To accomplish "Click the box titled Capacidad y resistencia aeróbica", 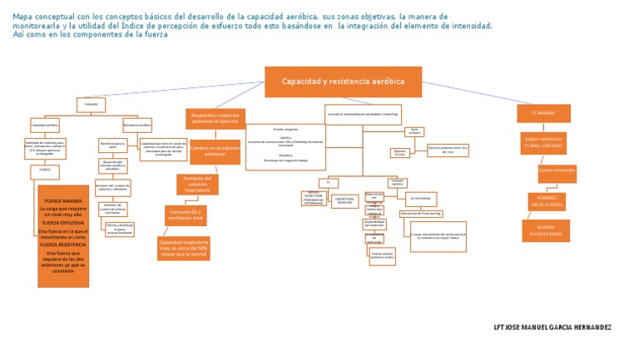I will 343,81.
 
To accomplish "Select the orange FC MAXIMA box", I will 543,112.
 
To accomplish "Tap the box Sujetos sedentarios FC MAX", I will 543,141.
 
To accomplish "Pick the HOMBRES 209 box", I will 546,201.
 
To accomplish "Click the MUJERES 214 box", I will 546,230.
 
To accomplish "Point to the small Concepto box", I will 91,104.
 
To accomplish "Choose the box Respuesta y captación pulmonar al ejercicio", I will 215,118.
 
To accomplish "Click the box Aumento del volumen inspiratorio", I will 197,184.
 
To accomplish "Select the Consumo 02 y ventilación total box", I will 186,215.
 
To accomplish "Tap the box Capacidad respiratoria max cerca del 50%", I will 183,247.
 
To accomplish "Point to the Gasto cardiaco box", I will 415,131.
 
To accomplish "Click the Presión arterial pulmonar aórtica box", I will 382,256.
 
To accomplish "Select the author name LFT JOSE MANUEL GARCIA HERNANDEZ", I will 552,327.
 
